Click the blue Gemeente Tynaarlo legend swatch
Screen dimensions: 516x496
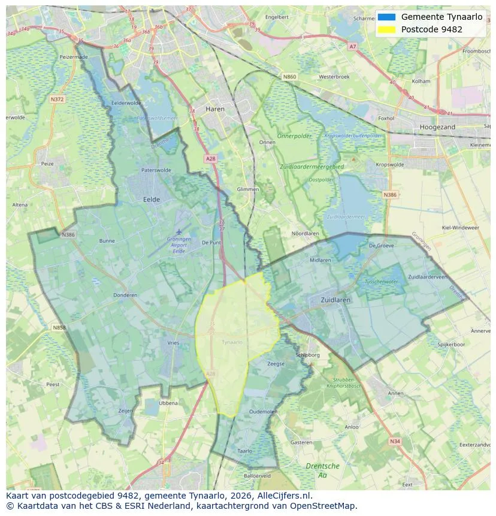click(386, 17)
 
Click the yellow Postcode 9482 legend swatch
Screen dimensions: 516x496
click(386, 29)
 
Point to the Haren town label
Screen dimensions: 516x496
click(214, 109)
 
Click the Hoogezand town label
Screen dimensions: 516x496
click(437, 127)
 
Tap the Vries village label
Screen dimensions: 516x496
click(173, 343)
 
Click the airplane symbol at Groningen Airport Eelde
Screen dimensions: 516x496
click(179, 232)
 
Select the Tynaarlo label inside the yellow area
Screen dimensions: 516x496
click(232, 342)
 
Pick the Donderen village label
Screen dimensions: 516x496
click(125, 295)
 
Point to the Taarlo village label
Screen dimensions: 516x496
click(244, 451)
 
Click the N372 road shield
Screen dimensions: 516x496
click(58, 99)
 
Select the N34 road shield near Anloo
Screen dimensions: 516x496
click(394, 441)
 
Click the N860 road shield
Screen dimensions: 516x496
click(289, 77)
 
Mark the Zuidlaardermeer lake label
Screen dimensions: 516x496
click(344, 217)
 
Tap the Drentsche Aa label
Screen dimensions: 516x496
click(322, 470)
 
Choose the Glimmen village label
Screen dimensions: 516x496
click(248, 189)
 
